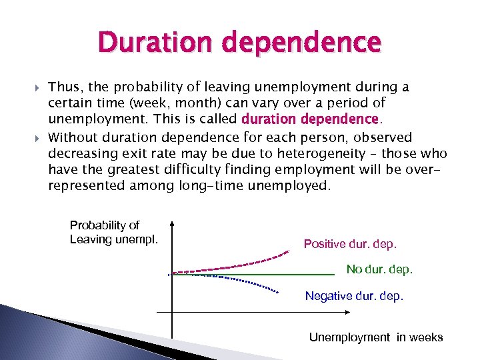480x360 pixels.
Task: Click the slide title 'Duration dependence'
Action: pos(239,43)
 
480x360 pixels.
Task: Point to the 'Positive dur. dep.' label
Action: pos(350,244)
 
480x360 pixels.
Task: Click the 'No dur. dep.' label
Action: pos(379,269)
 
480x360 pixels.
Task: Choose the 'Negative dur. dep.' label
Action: pos(354,296)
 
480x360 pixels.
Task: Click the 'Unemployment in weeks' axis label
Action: pos(375,337)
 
